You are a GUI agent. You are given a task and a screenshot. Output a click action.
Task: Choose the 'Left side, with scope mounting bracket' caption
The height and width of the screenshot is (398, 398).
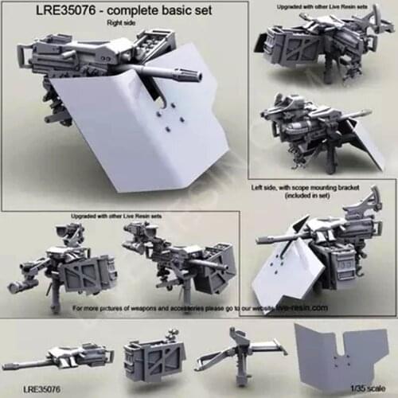tap(318, 185)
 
